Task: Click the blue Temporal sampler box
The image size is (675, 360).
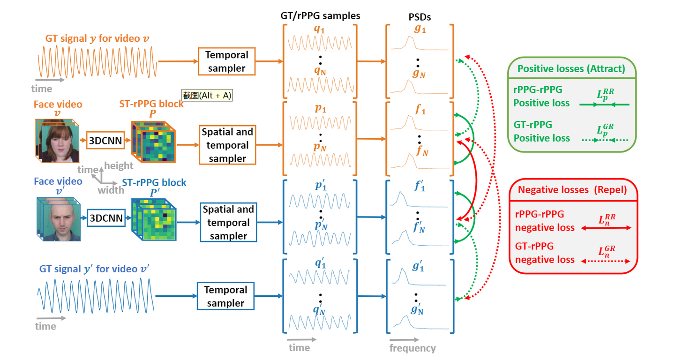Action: (225, 296)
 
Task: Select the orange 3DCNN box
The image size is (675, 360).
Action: (105, 140)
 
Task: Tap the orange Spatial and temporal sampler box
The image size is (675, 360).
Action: (227, 145)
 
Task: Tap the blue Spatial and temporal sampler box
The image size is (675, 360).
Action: (227, 222)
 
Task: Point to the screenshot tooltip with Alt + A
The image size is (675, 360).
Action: (207, 95)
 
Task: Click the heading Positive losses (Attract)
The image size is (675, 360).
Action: (571, 69)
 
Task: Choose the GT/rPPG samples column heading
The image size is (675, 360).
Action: (320, 15)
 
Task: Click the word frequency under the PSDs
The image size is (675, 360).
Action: (412, 348)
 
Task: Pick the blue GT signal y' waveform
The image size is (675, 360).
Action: (96, 297)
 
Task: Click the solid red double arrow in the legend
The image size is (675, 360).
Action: (606, 228)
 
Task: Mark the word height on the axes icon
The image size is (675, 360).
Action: (119, 165)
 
